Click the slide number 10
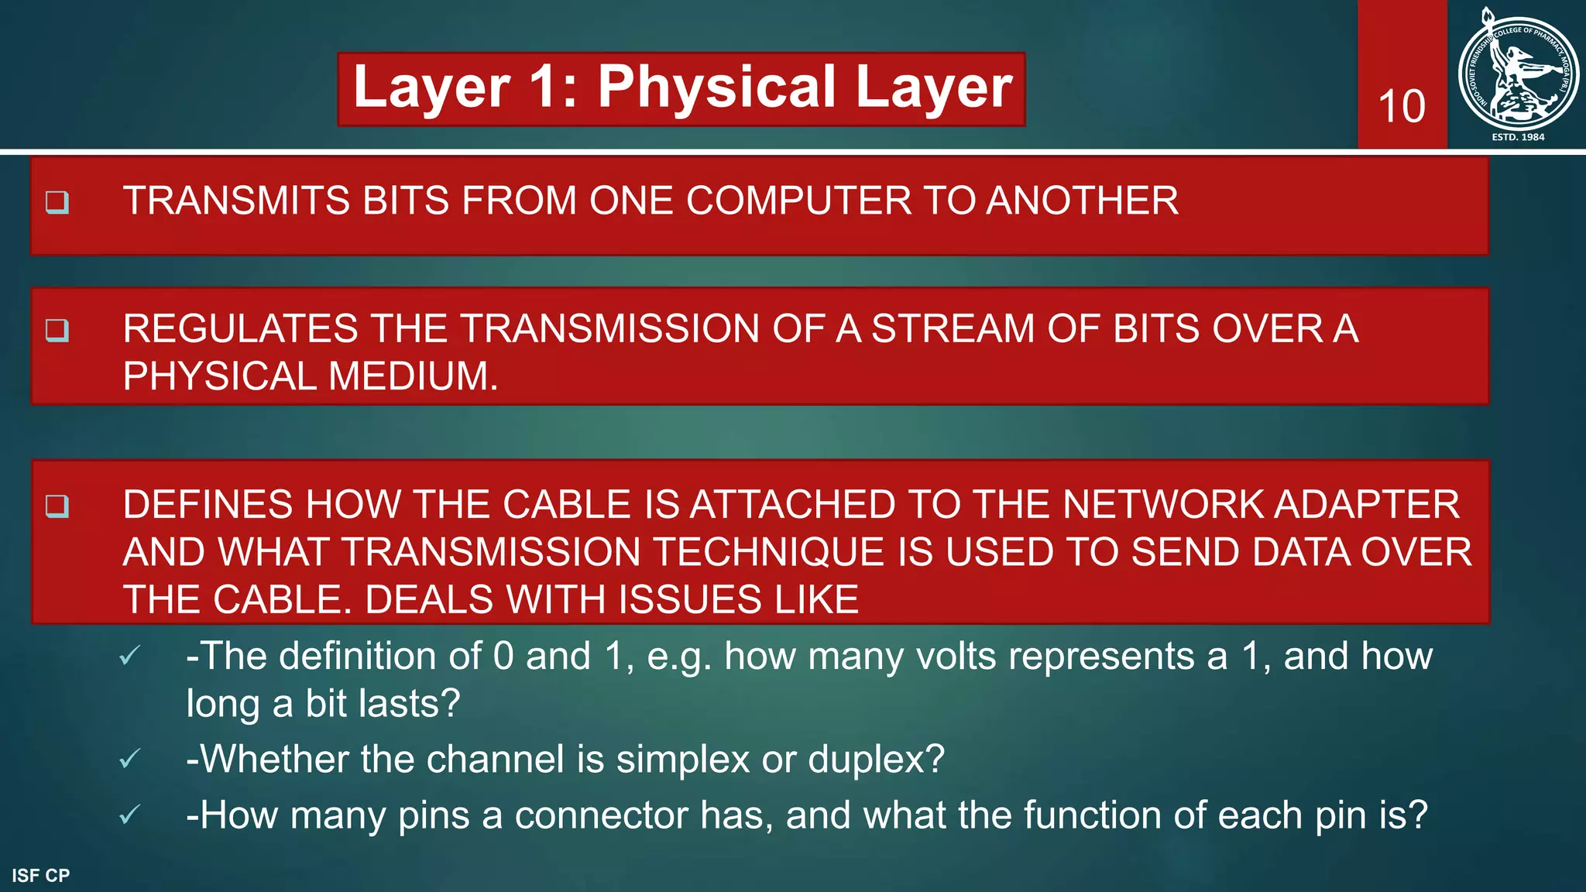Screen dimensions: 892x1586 point(1402,106)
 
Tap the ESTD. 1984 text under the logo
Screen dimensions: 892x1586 point(1518,137)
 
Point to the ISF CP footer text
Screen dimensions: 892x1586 point(41,876)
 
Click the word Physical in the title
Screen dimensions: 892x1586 point(717,87)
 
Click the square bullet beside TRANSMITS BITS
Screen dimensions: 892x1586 point(57,202)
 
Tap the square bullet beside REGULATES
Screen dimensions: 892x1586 point(57,331)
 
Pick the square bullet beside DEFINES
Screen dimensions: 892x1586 point(57,506)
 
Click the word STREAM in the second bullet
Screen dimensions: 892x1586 point(953,329)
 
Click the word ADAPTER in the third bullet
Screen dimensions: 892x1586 point(1367,505)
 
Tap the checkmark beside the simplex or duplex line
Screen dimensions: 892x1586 point(130,759)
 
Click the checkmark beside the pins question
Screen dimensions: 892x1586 point(130,815)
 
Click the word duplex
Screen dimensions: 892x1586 point(876,760)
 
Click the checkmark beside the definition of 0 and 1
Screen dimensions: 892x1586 point(130,657)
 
